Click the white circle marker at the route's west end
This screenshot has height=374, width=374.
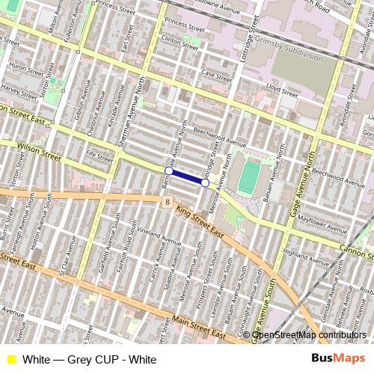[x=169, y=171]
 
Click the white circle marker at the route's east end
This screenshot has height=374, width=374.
[x=205, y=182]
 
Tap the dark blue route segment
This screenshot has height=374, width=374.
[x=187, y=177]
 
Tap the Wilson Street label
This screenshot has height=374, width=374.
[x=38, y=152]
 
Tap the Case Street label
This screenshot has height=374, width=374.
[x=217, y=76]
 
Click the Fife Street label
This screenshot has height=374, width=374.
[x=99, y=155]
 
